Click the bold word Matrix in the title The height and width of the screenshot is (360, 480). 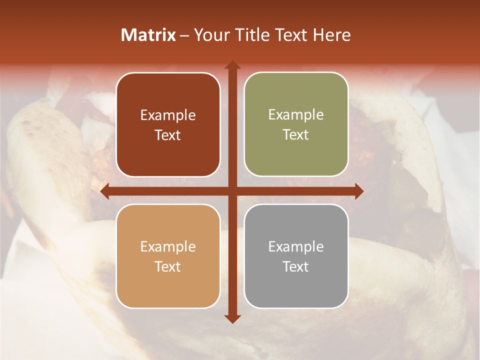[148, 35]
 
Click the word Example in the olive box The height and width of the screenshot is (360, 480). [296, 115]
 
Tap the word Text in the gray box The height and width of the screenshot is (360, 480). [296, 266]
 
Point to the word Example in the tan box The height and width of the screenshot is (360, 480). [168, 246]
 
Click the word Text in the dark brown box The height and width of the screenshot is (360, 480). [168, 135]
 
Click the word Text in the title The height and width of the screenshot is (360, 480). [292, 35]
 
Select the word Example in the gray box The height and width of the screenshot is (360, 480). [296, 246]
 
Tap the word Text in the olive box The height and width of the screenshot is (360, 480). [296, 135]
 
